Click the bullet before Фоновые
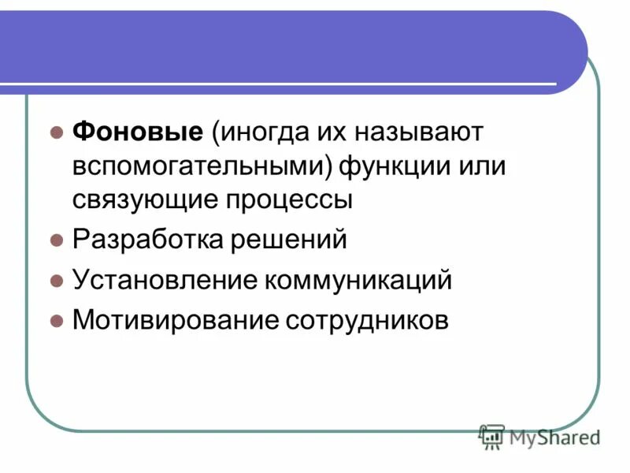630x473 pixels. (x=56, y=132)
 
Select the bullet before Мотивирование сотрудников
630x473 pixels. (x=56, y=321)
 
